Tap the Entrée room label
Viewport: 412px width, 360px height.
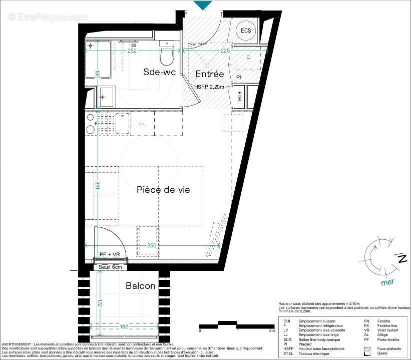[x=209, y=74]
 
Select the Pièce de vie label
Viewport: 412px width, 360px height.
[x=163, y=190]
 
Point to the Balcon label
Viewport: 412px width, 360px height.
[x=140, y=286]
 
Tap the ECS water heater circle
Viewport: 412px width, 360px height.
[x=246, y=31]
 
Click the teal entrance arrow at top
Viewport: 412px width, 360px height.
[x=202, y=5]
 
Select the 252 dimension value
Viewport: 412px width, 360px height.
[x=133, y=51]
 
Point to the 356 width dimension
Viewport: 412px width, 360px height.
[x=152, y=246]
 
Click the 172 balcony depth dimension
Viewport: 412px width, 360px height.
[x=100, y=303]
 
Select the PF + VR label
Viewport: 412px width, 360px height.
[x=110, y=255]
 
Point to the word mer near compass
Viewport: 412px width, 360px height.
[x=387, y=282]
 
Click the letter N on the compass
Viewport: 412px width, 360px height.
[x=401, y=258]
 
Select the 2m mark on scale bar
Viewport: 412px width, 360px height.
[x=272, y=331]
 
